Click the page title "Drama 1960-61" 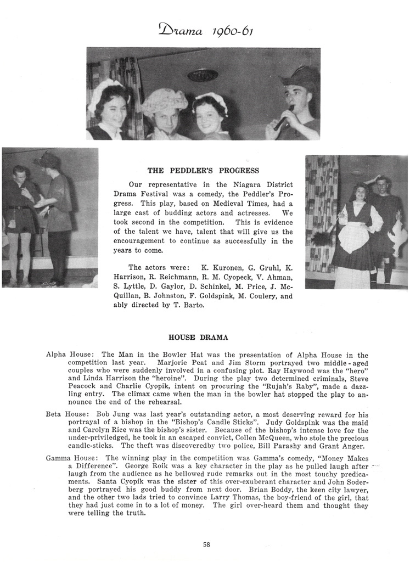coord(205,29)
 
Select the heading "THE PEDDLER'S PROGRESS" coord(203,171)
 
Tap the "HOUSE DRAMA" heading coord(198,337)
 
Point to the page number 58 coord(206,544)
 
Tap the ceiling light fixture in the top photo coord(203,75)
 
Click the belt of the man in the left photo coord(20,207)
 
